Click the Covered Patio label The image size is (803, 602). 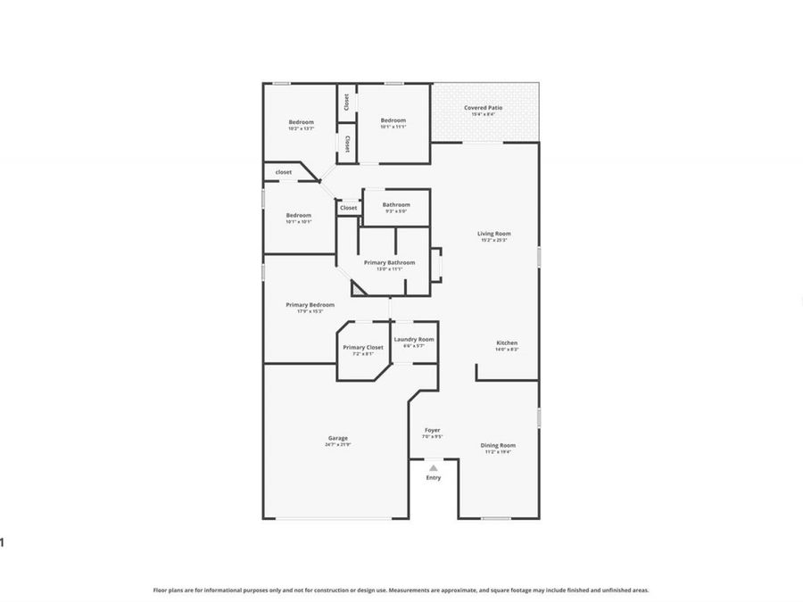(x=483, y=108)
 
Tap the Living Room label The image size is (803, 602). (x=494, y=234)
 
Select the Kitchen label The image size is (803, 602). (x=507, y=343)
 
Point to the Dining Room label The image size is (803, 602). (x=498, y=445)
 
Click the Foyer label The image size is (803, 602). (x=432, y=431)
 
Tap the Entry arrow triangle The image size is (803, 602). (x=433, y=467)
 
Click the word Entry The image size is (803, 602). (x=433, y=478)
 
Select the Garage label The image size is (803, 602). (x=337, y=438)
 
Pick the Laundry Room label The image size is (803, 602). (x=414, y=339)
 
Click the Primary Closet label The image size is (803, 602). (x=363, y=347)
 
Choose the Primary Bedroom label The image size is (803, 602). (x=310, y=305)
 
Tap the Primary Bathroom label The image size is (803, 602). (x=389, y=262)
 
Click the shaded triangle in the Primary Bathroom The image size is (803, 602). (x=359, y=288)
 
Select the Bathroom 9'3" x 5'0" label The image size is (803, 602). (x=396, y=204)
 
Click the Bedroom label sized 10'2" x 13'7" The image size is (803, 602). (x=301, y=122)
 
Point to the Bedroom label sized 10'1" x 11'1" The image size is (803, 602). (x=393, y=120)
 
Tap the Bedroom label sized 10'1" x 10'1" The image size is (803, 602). (x=298, y=215)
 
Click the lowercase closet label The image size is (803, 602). (x=283, y=172)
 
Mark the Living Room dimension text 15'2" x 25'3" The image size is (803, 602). (x=494, y=240)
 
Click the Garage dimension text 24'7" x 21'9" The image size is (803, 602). (x=337, y=444)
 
